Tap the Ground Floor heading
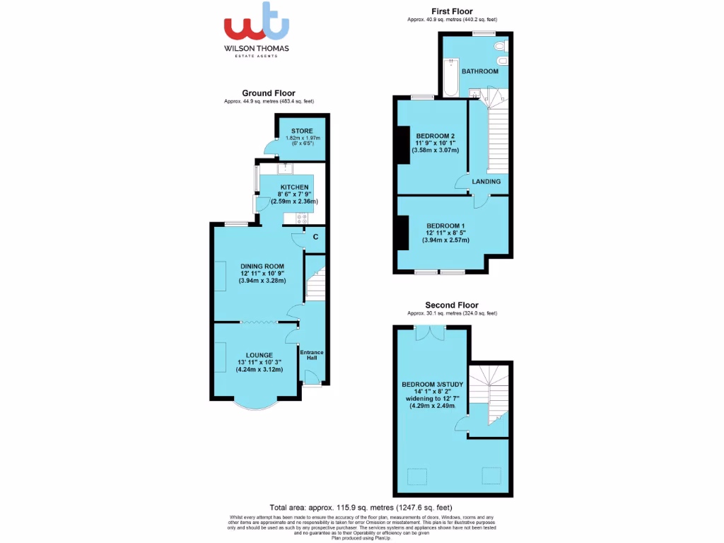[268, 93]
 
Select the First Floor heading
[452, 11]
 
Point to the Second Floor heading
[452, 305]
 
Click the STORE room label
[302, 131]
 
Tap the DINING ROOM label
[262, 267]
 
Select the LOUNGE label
[259, 355]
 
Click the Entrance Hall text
[312, 355]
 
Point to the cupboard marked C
[315, 237]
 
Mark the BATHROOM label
[480, 71]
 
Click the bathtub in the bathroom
[450, 78]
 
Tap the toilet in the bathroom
[501, 47]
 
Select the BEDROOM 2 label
[435, 136]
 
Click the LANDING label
[486, 182]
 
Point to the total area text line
[361, 508]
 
